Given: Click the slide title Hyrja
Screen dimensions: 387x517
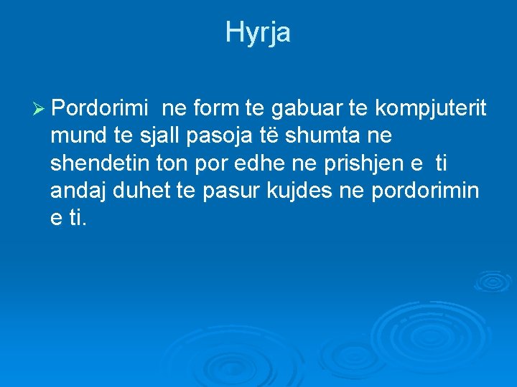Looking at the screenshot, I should pos(258,32).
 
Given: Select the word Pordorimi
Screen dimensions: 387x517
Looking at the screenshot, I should pos(101,108).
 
